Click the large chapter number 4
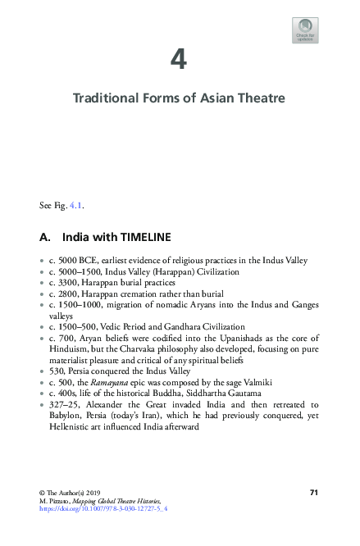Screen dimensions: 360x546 179,60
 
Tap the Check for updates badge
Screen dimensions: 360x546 305,31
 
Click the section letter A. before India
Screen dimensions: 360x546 46,238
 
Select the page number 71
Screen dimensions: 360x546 313,491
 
